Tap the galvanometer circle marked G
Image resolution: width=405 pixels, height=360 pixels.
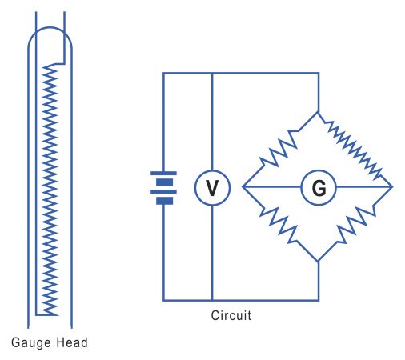point(318,188)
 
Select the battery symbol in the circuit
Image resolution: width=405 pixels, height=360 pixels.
point(164,186)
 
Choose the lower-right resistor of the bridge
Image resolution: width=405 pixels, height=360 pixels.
point(355,225)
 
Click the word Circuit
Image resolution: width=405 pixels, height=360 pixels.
point(232,315)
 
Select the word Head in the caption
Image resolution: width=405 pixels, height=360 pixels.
point(71,343)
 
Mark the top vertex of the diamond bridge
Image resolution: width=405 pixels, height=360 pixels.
point(318,113)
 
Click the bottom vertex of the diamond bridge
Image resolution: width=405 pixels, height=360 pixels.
point(318,261)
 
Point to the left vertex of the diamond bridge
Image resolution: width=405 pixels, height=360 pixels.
point(243,187)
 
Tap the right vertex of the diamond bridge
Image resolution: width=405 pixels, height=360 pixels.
point(392,187)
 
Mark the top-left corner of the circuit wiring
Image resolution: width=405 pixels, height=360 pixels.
point(164,74)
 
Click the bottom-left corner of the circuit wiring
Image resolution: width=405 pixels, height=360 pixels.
point(164,300)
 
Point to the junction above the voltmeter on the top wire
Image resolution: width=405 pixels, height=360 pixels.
point(212,74)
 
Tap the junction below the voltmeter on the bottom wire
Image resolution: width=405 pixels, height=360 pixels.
point(212,300)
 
